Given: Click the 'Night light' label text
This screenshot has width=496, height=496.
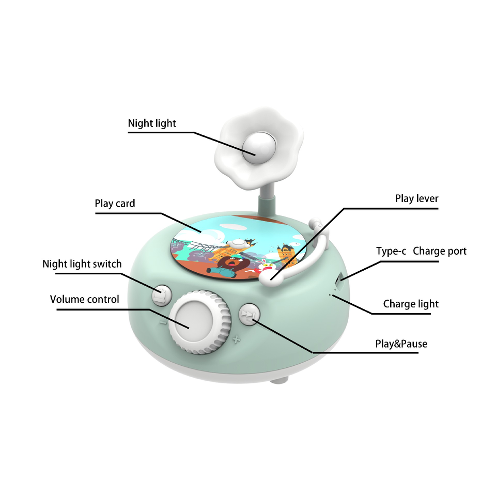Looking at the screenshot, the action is point(152,123).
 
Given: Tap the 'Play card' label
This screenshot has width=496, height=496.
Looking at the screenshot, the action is point(115,204).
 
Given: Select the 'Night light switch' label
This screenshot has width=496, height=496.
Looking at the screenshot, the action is point(82,264).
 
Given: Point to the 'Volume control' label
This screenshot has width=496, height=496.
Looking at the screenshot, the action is point(84,300).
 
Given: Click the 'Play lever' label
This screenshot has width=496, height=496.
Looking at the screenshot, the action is point(416,199).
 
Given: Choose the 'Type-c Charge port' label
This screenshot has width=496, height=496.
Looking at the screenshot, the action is point(421,252).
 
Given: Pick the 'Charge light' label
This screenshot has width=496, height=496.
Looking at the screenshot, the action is point(410,304).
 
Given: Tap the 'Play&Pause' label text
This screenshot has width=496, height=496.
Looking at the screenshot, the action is point(401,344).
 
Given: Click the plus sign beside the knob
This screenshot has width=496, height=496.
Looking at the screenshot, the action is point(236,340).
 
